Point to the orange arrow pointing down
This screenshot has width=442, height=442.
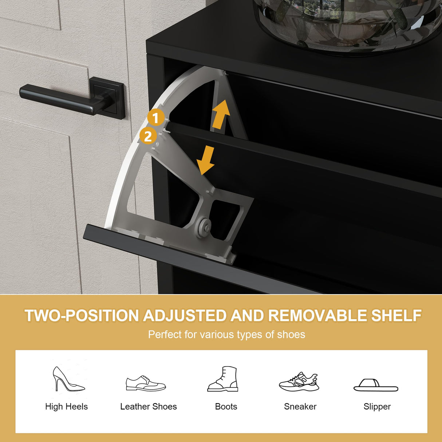click(206, 160)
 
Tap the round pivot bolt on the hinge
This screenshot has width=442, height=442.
click(205, 228)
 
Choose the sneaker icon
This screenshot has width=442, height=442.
click(299, 382)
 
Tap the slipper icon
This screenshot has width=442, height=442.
click(376, 385)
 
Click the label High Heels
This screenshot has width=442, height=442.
click(67, 406)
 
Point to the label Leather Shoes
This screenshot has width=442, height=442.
click(149, 406)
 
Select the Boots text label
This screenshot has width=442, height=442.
click(226, 406)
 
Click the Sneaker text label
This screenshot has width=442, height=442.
click(300, 406)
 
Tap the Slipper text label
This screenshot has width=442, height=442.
click(377, 407)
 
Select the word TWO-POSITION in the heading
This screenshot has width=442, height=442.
click(82, 316)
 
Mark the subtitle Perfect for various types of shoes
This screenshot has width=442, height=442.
click(226, 335)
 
